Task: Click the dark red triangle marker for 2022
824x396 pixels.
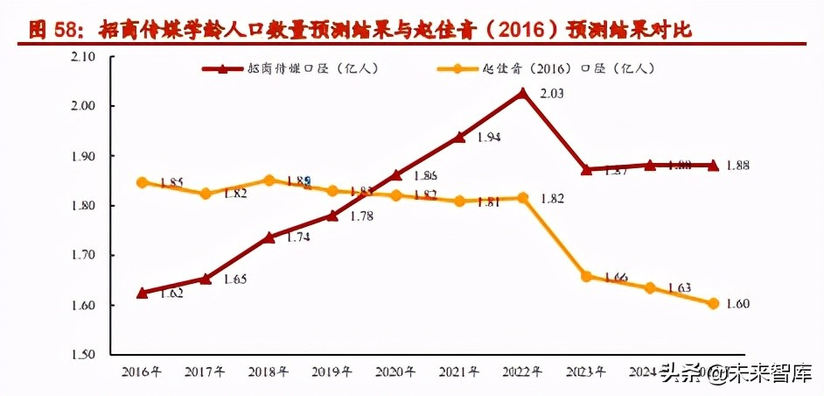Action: [x=522, y=93]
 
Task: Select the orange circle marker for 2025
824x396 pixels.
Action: [x=713, y=303]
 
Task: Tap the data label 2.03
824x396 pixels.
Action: [x=552, y=94]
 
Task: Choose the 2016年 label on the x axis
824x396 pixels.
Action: [x=143, y=371]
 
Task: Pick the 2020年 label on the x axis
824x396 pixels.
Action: [x=395, y=371]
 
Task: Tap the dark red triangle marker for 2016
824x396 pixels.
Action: [x=143, y=293]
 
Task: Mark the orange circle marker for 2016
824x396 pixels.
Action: [x=143, y=182]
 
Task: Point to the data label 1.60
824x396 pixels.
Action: [x=738, y=304]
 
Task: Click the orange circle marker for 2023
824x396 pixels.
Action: [x=587, y=276]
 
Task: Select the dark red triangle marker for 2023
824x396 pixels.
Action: [x=587, y=170]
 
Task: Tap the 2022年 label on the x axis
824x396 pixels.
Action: [x=522, y=371]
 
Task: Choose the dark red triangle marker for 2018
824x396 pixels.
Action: [x=269, y=237]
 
